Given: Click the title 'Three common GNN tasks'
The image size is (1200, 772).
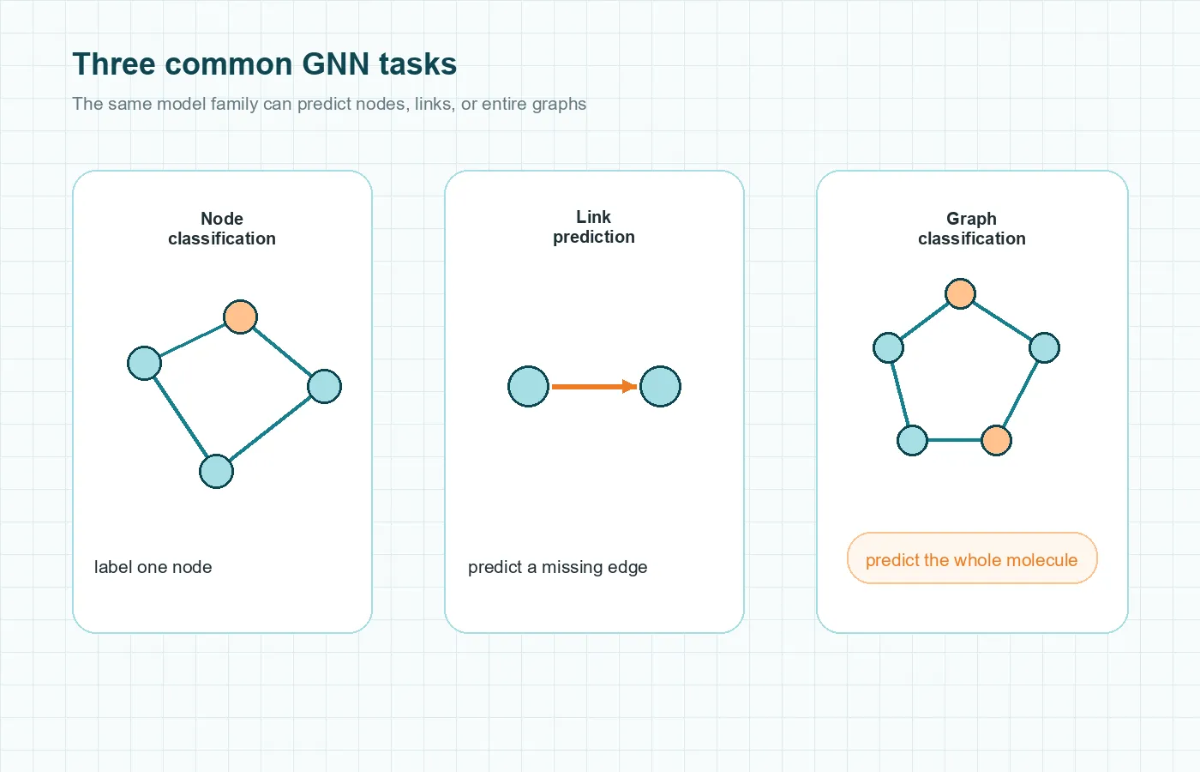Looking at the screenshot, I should [264, 64].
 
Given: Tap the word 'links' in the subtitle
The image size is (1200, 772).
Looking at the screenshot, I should [433, 104].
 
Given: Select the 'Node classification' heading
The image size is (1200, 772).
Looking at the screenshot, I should [222, 229].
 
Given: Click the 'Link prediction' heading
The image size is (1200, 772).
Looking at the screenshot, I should [593, 227].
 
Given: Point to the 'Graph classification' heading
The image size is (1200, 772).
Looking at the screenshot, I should [971, 229].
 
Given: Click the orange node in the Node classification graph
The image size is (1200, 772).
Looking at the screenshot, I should [240, 317].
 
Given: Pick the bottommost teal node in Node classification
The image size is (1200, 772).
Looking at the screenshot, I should [216, 471].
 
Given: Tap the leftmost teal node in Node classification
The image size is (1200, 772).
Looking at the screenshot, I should [144, 363].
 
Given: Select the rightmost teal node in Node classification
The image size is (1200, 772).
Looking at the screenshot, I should [324, 386].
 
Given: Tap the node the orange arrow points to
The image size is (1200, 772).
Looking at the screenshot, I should [660, 386].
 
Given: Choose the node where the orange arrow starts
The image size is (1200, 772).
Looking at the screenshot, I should [528, 386].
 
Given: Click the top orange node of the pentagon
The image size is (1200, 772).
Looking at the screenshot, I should [960, 293].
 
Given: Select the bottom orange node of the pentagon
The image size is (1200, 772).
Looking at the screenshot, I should [996, 440].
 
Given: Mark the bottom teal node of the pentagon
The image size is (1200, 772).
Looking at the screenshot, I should [912, 440].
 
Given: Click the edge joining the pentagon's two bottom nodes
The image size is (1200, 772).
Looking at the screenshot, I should [954, 440].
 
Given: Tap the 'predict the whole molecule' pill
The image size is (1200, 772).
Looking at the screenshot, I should [971, 559].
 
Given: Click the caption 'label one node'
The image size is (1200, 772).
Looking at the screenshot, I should [153, 567].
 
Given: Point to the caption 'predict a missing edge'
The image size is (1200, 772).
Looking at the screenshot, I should [557, 567].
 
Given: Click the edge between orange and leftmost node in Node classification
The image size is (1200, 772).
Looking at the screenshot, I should [192, 340].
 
